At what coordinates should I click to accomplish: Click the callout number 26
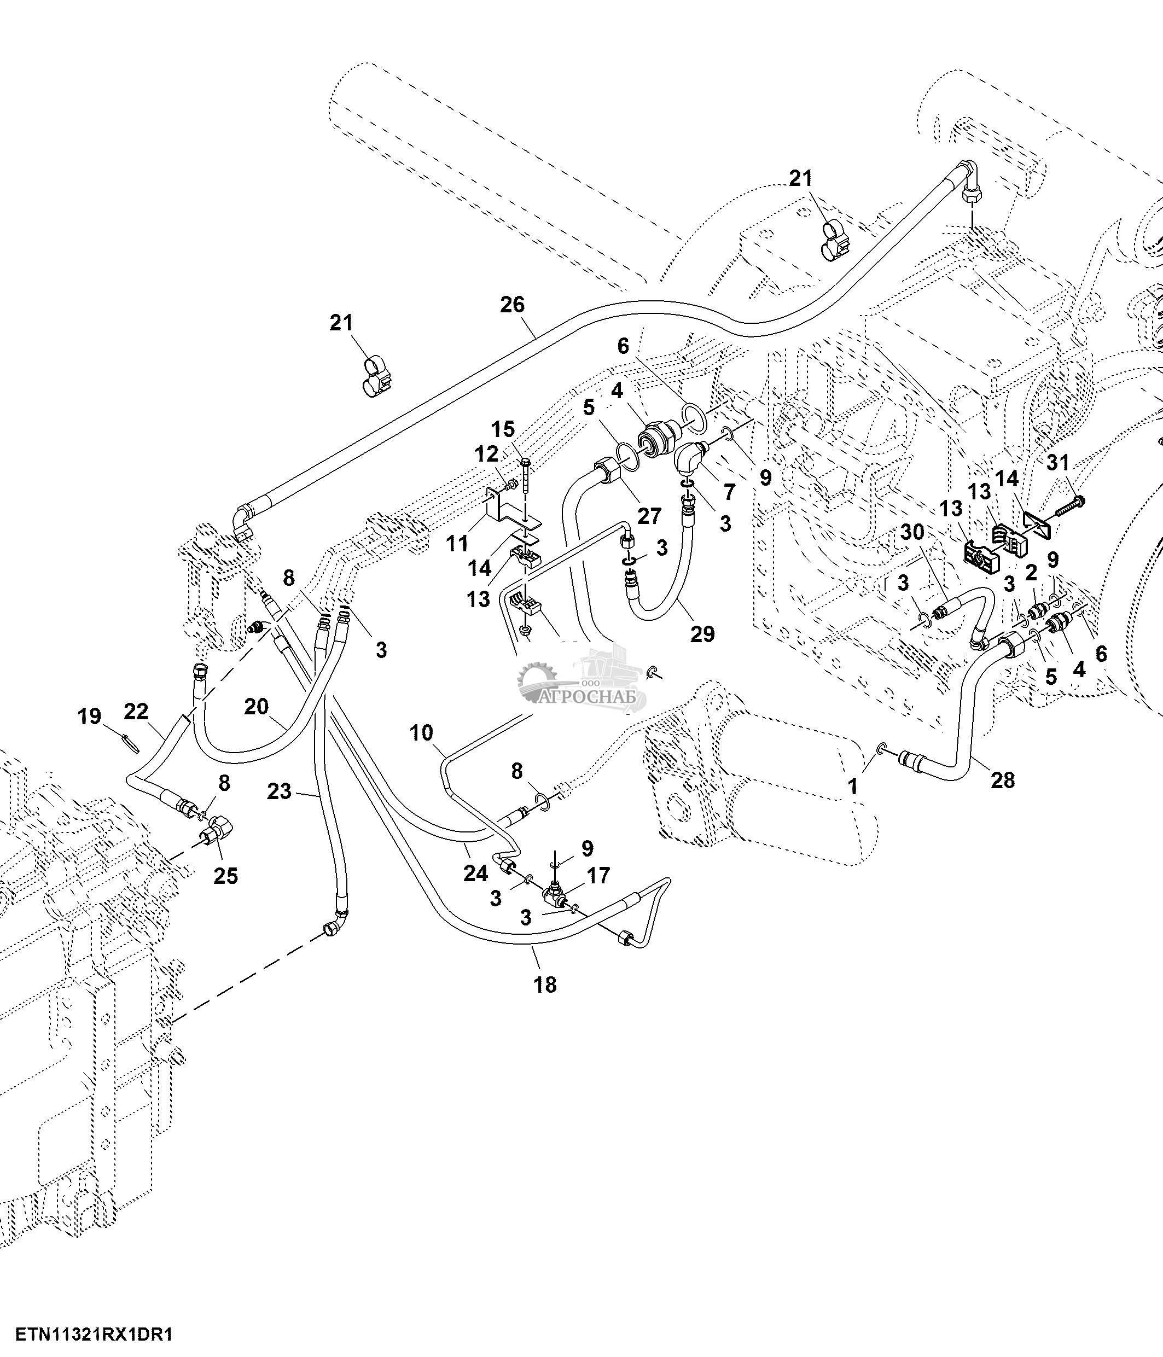tap(513, 305)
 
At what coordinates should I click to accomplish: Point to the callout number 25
tap(226, 876)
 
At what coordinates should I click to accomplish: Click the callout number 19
tap(90, 717)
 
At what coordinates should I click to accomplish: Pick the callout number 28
tap(1003, 780)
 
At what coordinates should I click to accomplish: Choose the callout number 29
tap(702, 634)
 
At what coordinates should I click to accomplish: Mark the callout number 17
tap(598, 875)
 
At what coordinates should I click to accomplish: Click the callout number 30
tap(912, 532)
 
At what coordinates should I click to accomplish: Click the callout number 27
tap(649, 516)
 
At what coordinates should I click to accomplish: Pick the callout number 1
tap(853, 787)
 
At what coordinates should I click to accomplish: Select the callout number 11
tap(457, 543)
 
